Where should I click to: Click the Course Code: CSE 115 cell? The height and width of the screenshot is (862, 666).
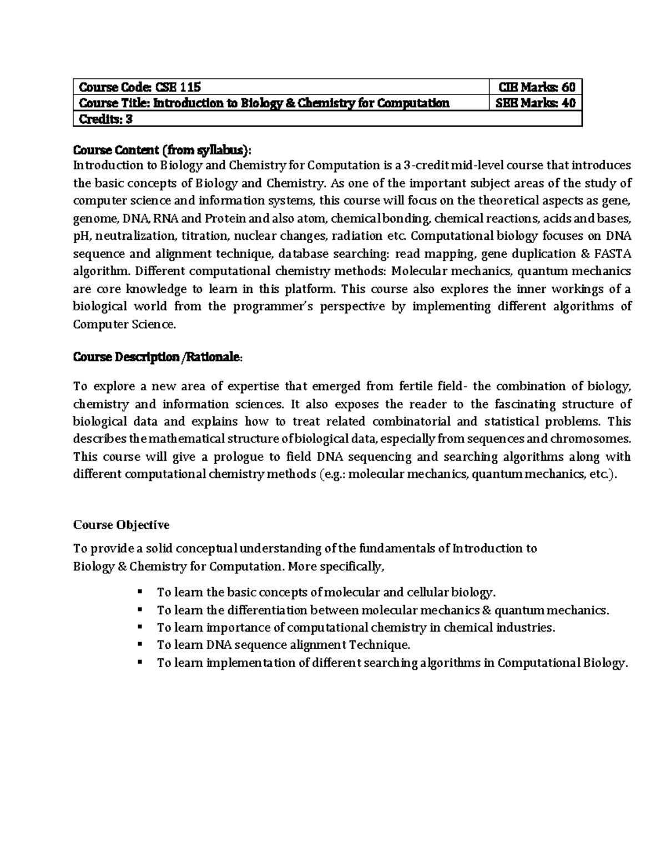click(x=140, y=87)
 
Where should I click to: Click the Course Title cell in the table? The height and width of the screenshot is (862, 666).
click(x=264, y=103)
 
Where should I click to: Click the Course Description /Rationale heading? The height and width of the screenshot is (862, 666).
click(x=158, y=357)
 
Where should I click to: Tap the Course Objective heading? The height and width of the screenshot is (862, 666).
click(x=121, y=525)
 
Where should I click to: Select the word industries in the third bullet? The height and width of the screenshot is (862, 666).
click(x=525, y=628)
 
